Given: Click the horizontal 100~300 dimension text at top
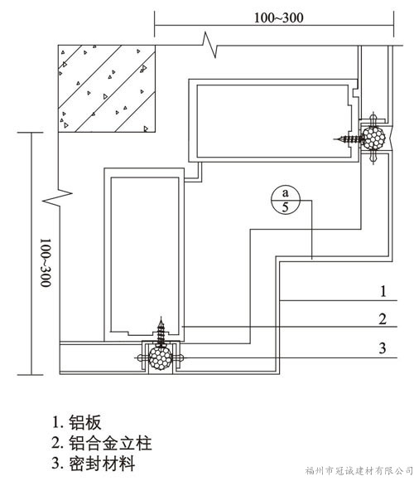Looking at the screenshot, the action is point(279,17).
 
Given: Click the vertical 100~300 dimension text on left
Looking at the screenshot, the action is point(46,263).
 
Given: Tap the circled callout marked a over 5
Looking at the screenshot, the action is point(286,200).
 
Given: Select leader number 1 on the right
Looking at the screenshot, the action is point(383,291).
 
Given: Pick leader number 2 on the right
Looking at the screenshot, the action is point(383,319).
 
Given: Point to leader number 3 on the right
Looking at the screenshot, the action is point(383,348).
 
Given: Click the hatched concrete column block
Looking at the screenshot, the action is point(107,89).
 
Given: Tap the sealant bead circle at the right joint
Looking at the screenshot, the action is point(373,138).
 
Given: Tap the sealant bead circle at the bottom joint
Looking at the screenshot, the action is point(160,358).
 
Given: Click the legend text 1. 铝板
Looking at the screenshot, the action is point(76,422).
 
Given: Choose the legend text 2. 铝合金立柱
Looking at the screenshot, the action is point(102,443).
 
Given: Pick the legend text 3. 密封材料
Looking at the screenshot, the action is point(94,464).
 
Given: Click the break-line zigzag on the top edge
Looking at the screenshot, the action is point(209,45).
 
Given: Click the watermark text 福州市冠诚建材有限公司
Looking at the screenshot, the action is point(359,470).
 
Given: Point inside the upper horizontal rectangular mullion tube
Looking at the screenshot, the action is point(272,121).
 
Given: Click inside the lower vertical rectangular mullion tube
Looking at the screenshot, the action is point(145,255).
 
